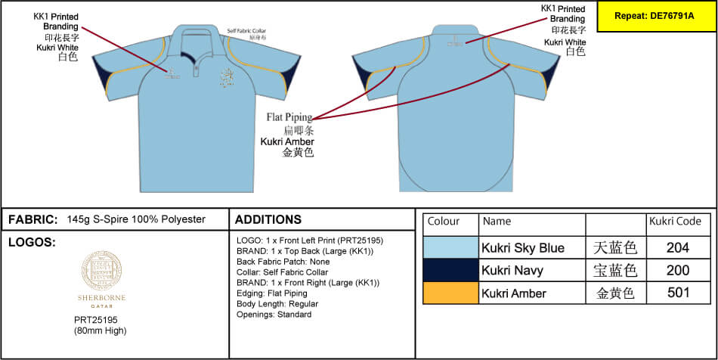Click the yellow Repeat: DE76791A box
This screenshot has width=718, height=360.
click(x=656, y=16)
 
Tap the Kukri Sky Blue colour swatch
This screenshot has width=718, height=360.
click(x=450, y=247)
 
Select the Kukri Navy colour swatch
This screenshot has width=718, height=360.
click(x=450, y=270)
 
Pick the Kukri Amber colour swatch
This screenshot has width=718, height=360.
click(x=450, y=293)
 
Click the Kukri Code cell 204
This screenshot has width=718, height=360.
click(x=679, y=247)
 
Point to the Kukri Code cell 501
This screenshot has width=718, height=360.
click(x=679, y=293)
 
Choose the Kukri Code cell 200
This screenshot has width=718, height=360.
click(x=679, y=270)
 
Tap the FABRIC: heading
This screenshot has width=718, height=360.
click(x=32, y=219)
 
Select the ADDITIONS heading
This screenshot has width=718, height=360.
click(x=268, y=219)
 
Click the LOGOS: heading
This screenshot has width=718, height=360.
click(x=31, y=243)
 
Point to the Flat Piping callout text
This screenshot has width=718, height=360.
click(x=289, y=117)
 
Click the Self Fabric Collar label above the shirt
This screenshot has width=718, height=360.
click(x=247, y=31)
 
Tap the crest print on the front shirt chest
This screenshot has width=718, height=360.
click(x=226, y=77)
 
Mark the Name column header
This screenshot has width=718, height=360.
click(x=497, y=222)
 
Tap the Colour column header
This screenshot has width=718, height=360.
click(x=444, y=222)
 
